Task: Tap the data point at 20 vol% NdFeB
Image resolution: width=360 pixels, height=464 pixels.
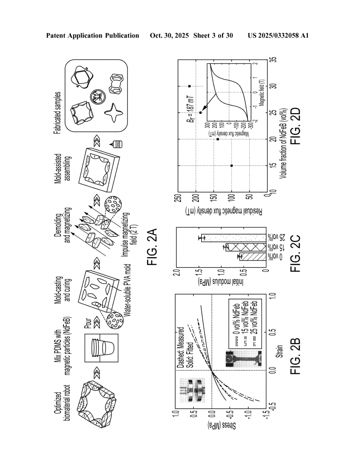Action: point(218,139)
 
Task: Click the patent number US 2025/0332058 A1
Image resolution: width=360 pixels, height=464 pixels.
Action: point(278,35)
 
